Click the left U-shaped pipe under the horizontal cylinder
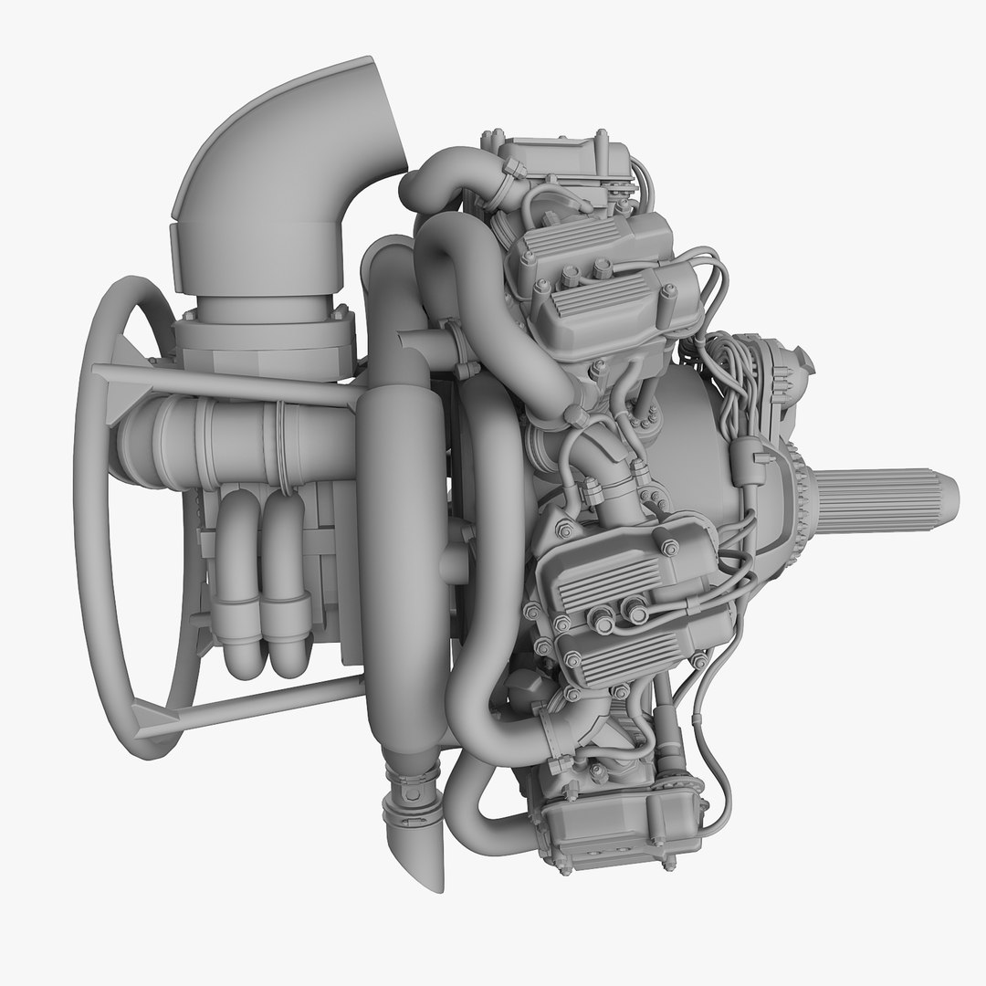point(240,584)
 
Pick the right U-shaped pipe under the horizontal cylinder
point(286,584)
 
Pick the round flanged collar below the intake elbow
point(265,333)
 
